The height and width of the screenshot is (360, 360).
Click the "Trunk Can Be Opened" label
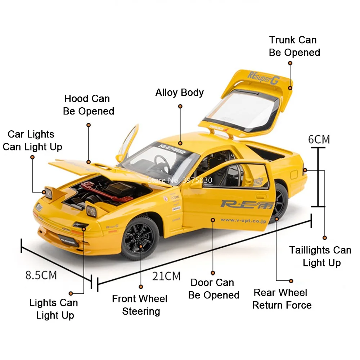(294, 46)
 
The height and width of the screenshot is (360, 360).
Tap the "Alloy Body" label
(179, 93)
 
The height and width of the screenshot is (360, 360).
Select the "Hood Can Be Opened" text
(89, 105)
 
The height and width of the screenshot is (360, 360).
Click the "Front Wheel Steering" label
(140, 305)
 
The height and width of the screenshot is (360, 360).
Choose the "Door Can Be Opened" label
(213, 289)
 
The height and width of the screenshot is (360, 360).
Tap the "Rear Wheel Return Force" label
(282, 299)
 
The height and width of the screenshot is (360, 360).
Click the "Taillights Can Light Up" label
(320, 256)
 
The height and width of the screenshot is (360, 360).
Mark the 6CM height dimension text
(319, 139)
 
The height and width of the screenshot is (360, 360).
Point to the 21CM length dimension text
(166, 276)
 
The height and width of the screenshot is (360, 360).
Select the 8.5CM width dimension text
(41, 275)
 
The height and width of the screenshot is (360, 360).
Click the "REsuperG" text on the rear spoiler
(262, 77)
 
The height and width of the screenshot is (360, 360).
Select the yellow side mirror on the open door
(196, 184)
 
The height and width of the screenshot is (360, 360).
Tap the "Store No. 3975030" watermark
(180, 180)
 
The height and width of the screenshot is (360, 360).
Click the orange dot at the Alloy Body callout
(180, 107)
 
